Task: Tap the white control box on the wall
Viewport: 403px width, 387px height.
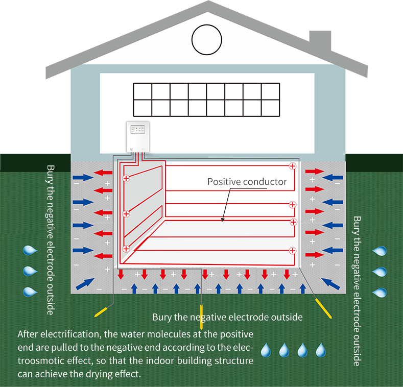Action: (137, 136)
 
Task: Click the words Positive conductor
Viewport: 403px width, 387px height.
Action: (247, 182)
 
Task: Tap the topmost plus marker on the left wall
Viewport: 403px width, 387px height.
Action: (126, 179)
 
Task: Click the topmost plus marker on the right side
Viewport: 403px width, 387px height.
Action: (292, 165)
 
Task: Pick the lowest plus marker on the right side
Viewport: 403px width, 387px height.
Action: (292, 250)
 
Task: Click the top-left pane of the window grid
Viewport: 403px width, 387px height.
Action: (143, 91)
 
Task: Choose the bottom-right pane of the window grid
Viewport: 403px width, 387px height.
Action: (270, 108)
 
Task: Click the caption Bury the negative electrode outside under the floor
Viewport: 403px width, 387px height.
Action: (227, 317)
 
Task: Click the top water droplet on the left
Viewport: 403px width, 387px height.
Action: (31, 250)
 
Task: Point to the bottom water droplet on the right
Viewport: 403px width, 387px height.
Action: (380, 293)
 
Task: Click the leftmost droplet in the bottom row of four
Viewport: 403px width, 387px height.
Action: (266, 350)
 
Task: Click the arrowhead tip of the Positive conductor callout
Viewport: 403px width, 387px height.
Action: (222, 221)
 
